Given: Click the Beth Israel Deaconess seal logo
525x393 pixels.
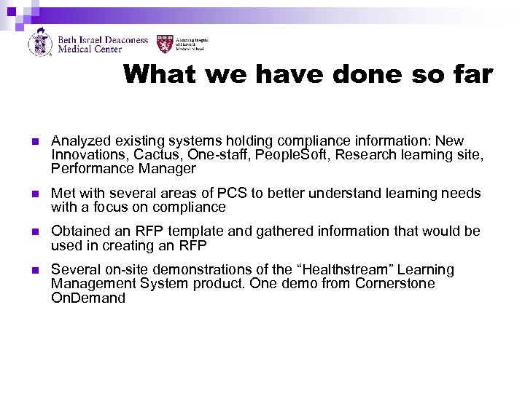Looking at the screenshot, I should click(x=40, y=42).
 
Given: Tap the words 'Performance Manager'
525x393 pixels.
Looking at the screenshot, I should click(x=123, y=169).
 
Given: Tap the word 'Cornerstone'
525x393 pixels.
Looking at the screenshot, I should click(x=394, y=283).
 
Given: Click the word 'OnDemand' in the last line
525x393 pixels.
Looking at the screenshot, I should click(x=88, y=298).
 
